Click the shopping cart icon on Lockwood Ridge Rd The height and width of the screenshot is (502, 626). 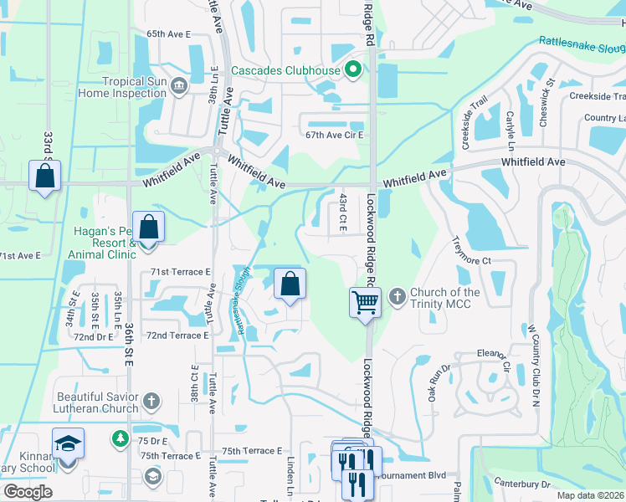click(x=365, y=302)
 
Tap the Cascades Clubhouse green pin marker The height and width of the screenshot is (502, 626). click(x=353, y=70)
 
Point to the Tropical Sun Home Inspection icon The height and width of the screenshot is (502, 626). click(x=177, y=86)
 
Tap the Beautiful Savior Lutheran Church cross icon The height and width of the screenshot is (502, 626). click(x=151, y=401)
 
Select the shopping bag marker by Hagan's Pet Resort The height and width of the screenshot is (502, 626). click(x=148, y=227)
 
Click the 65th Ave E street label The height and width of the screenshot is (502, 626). click(x=169, y=34)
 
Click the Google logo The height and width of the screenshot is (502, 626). click(x=28, y=491)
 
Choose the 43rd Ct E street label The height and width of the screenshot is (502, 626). click(x=343, y=212)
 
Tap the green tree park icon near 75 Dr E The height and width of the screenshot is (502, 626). click(x=120, y=437)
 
